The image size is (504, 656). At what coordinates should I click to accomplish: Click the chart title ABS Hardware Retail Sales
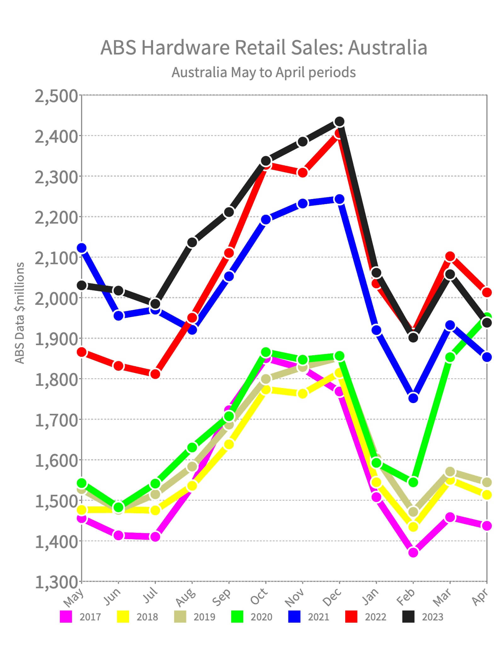point(264,48)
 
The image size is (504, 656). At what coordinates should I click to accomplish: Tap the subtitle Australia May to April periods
point(264,72)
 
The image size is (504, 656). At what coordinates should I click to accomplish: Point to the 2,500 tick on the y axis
point(56,96)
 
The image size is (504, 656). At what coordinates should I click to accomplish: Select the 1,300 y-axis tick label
point(56,582)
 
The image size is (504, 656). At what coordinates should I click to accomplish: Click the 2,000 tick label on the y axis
point(56,298)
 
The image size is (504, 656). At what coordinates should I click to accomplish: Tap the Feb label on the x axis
point(406,597)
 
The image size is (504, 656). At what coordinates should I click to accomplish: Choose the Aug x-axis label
point(185,597)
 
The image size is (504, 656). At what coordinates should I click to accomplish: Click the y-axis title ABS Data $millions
point(20,313)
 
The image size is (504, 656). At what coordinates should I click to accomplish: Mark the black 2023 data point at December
point(339,121)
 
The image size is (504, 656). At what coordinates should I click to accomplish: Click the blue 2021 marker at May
point(82,248)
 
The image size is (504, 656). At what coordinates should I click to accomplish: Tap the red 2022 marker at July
point(155,374)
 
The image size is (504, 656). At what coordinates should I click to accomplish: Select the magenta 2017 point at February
point(413,552)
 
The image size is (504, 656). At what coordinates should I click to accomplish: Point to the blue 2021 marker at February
point(413,398)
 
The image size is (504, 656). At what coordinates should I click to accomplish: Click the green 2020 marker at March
point(450,357)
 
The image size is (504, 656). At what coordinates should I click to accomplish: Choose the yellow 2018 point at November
point(302,394)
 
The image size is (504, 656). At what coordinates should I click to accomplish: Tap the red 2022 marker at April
point(487,292)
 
